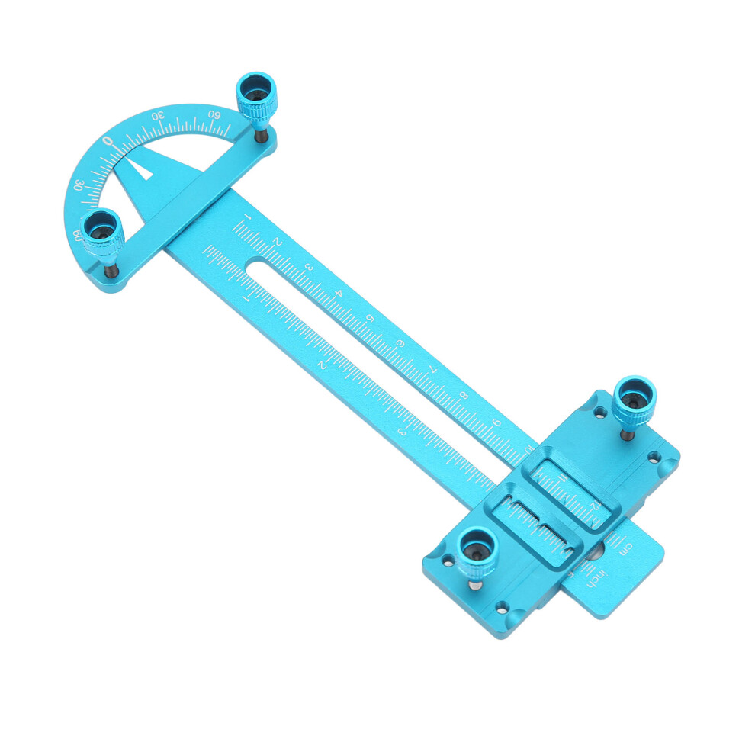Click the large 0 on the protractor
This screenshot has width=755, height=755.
(108, 142)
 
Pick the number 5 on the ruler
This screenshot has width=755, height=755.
(371, 319)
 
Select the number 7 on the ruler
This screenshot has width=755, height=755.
(433, 370)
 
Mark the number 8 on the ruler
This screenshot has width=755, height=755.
(464, 396)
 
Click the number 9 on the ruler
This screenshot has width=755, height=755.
(496, 422)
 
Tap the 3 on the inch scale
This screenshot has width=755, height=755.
(402, 432)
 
